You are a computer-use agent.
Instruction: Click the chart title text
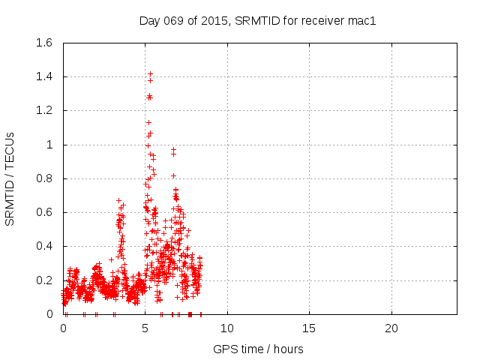[257, 20]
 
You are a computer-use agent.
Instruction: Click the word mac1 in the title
[361, 20]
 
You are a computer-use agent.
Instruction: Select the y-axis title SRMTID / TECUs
[10, 178]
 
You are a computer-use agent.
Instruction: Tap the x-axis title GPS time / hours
[258, 349]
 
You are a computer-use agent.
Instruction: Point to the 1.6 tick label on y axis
[45, 43]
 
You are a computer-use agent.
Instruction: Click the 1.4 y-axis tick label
[45, 76]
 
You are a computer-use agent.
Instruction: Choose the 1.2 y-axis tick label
[45, 110]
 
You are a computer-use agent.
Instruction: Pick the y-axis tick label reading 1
[51, 145]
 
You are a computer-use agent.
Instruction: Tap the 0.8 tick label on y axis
[45, 178]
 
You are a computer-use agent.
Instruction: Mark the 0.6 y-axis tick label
[45, 212]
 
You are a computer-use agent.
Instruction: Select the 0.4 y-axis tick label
[45, 246]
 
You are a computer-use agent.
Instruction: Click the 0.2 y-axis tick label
[45, 280]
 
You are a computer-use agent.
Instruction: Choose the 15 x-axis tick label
[309, 328]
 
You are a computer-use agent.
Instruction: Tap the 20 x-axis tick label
[391, 328]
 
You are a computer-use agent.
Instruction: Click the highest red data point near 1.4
[150, 73]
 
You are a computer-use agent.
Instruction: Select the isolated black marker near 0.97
[173, 150]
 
